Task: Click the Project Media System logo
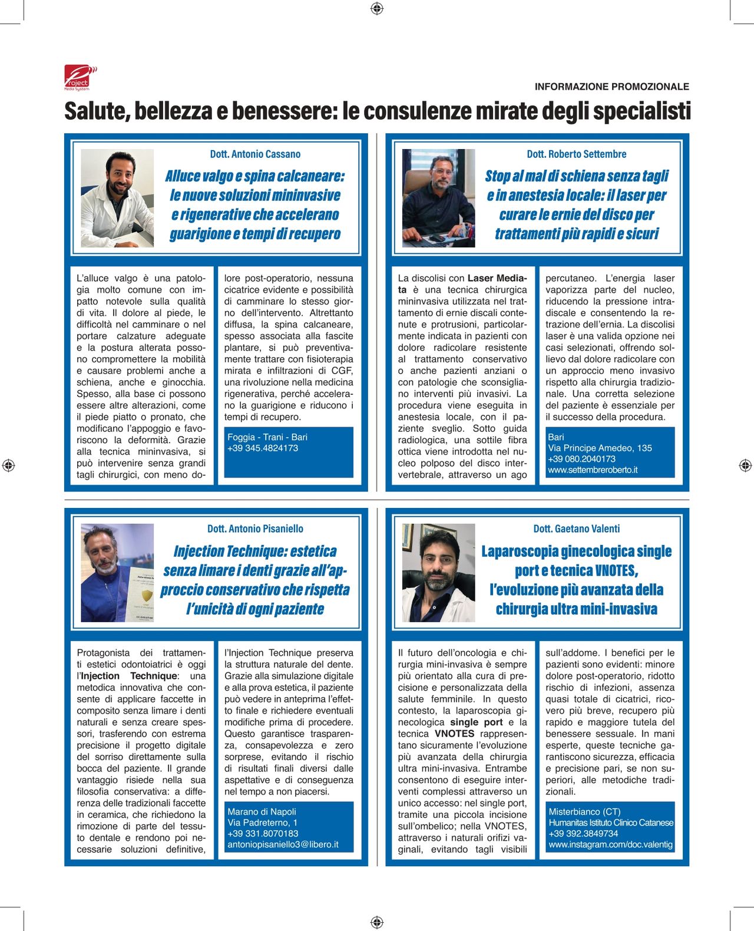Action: coord(80,77)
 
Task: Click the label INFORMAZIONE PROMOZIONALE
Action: coord(611,87)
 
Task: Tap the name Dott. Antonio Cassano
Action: coord(255,154)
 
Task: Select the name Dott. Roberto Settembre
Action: coord(576,154)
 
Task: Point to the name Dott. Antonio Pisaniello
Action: coord(255,529)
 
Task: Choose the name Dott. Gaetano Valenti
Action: coord(576,529)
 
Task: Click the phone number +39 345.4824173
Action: coord(263,448)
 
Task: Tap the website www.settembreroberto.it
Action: coord(593,470)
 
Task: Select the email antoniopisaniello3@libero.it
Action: coord(283,845)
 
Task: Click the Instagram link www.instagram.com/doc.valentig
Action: coord(610,845)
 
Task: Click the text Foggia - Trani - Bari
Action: coord(267,437)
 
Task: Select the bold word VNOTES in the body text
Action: coord(454,734)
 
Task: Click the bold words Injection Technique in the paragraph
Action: coord(128,676)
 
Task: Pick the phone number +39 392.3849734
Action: coord(583,834)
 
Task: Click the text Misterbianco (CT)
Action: coord(584,812)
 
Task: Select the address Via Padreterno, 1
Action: coord(262,823)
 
